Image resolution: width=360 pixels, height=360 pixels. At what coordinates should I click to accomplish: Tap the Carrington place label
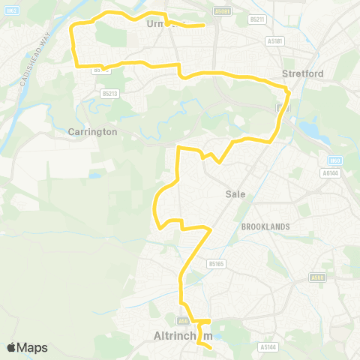pos(93,131)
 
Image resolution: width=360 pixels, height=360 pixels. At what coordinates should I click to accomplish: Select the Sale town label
pos(235,193)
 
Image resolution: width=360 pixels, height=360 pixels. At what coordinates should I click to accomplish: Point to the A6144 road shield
pos(328,172)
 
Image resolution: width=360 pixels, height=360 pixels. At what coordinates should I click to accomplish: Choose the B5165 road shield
pos(217,264)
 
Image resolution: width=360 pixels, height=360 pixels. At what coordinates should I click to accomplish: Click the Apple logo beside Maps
pos(12,347)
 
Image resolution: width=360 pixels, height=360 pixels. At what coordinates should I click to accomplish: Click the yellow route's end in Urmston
pos(204,25)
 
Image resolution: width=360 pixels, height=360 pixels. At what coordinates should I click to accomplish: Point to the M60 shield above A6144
pos(334,160)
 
